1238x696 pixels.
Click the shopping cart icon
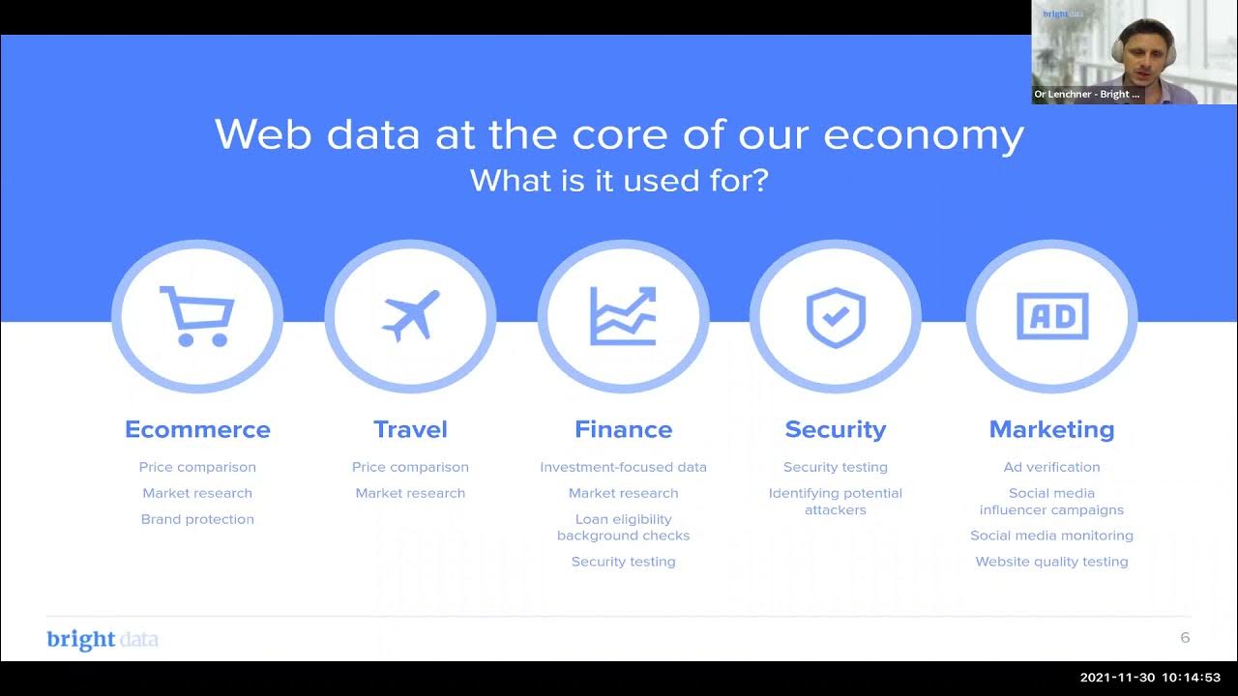click(x=197, y=315)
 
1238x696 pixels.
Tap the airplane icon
click(x=411, y=315)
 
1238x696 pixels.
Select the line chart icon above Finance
click(x=624, y=315)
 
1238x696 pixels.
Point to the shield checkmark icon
click(x=836, y=317)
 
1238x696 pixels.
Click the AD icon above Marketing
click(x=1052, y=315)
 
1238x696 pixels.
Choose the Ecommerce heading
click(x=197, y=429)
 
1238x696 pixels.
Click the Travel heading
click(x=410, y=429)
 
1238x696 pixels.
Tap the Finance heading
click(x=623, y=429)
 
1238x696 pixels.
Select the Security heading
click(x=836, y=429)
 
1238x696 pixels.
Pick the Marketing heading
click(x=1051, y=429)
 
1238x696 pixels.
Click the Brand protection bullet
click(x=197, y=519)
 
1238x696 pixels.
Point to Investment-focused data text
click(x=623, y=467)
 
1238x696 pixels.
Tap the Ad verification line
click(x=1051, y=467)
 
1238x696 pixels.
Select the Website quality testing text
click(x=1051, y=562)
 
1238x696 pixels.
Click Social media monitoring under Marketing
click(x=1051, y=536)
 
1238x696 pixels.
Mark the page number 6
click(x=1185, y=638)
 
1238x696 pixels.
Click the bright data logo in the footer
click(x=103, y=640)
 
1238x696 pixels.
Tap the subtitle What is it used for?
click(x=619, y=180)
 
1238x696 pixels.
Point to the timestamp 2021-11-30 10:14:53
click(x=1150, y=678)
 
